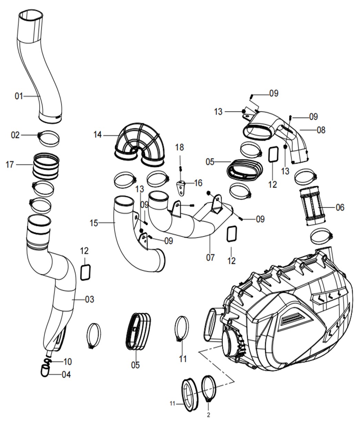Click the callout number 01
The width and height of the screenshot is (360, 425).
pos(19,96)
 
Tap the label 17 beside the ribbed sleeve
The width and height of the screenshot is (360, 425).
pos(10,165)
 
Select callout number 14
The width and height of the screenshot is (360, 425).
pos(97,135)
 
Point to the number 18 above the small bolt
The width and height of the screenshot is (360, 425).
pos(179,147)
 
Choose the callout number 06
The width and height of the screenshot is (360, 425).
pos(340,207)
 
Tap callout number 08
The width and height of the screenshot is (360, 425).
pos(321,130)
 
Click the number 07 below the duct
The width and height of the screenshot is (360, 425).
pos(210,257)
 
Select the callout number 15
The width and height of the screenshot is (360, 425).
pos(94,223)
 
